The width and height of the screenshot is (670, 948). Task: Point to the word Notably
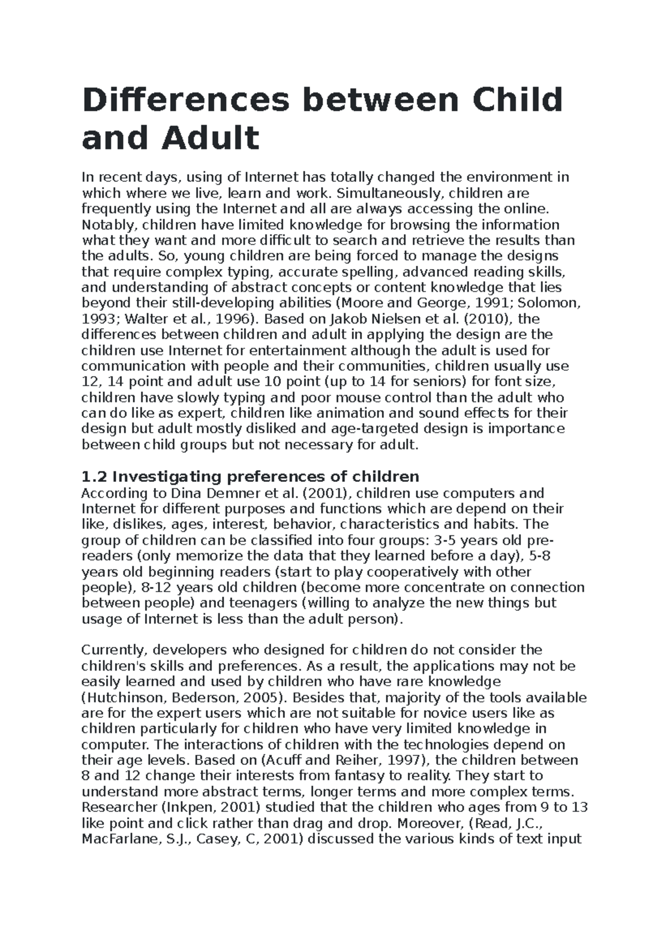[x=109, y=225]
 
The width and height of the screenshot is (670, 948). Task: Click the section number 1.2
[x=94, y=477]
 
